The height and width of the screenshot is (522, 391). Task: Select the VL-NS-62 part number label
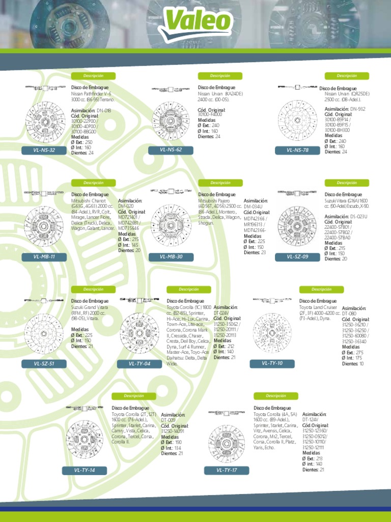(171, 149)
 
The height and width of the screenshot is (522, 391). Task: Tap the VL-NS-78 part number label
(297, 150)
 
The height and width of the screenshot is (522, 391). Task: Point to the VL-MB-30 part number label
(171, 256)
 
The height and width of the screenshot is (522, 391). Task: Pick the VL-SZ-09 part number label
(297, 256)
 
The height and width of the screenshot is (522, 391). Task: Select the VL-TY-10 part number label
(272, 363)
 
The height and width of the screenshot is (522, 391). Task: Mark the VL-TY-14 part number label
(85, 470)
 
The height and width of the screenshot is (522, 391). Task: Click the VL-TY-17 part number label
(227, 470)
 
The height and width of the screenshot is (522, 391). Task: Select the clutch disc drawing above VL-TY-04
(139, 333)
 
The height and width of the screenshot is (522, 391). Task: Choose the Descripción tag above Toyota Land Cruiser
(321, 290)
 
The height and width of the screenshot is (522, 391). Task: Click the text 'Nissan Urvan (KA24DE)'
(220, 94)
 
